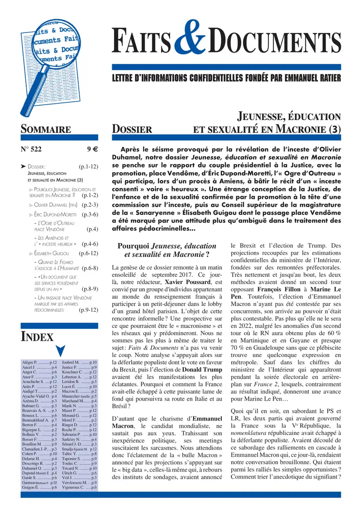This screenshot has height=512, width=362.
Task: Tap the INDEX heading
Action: (x=38, y=337)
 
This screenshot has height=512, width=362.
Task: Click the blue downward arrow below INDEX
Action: (x=60, y=350)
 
